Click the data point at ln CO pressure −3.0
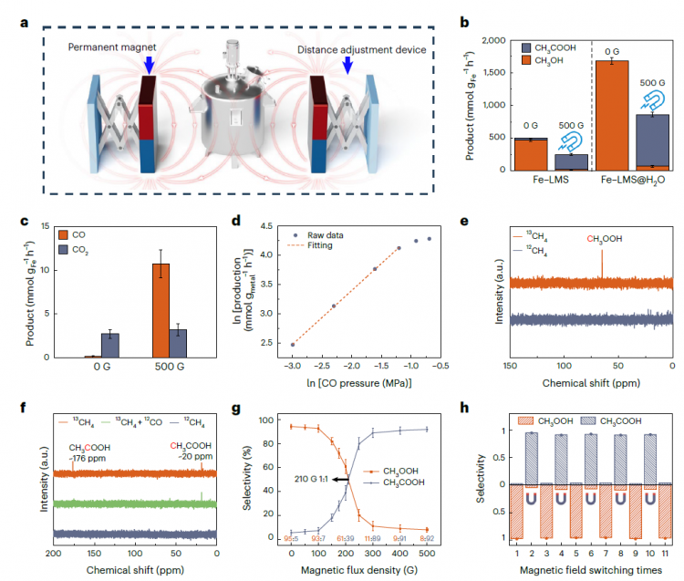[293, 345]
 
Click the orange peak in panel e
[602, 265]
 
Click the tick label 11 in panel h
[667, 554]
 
